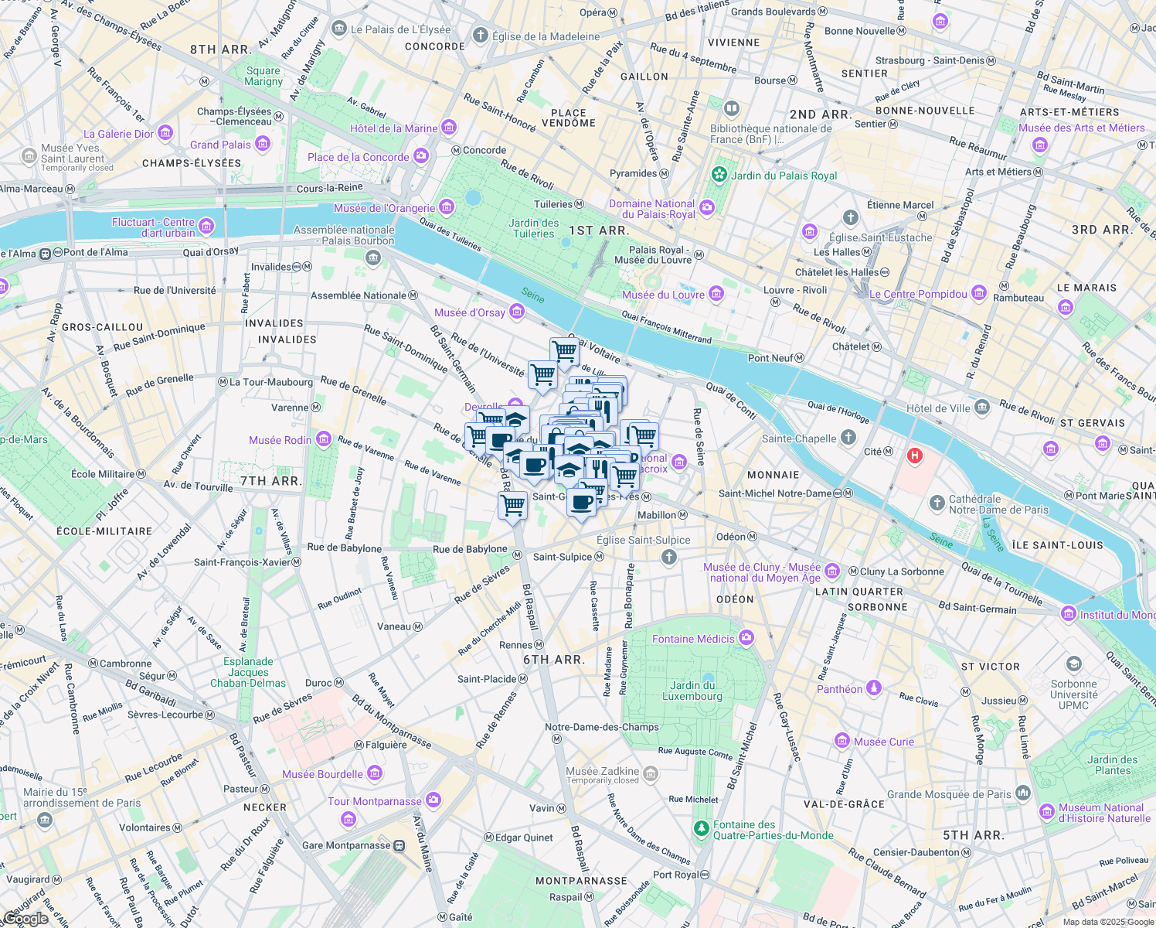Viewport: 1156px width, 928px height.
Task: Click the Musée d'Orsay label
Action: (x=470, y=312)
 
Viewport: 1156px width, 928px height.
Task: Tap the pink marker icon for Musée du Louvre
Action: (x=716, y=294)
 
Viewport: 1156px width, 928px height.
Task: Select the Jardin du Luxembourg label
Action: (x=692, y=691)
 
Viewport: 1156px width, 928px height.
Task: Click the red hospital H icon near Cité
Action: (x=915, y=455)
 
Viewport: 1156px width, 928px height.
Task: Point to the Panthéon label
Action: (x=839, y=689)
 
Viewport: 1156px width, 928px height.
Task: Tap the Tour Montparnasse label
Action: (x=375, y=801)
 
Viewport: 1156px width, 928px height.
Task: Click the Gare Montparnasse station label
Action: (x=346, y=845)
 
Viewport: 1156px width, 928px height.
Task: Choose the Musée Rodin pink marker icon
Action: (x=324, y=440)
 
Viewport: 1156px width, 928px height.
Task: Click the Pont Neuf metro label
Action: (x=770, y=358)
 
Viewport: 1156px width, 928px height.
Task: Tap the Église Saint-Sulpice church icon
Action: (x=669, y=557)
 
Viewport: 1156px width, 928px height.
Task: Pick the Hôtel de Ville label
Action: (x=938, y=408)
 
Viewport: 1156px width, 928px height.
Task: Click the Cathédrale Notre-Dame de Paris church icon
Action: (x=937, y=504)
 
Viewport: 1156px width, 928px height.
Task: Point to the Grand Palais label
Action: (x=220, y=145)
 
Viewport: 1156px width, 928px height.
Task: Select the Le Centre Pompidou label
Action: (x=918, y=294)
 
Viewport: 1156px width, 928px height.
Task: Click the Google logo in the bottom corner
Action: (x=25, y=918)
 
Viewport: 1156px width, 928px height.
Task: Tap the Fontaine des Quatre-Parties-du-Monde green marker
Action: (x=701, y=829)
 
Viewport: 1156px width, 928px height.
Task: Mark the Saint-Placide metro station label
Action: (x=487, y=679)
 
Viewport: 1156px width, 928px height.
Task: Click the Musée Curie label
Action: (x=883, y=742)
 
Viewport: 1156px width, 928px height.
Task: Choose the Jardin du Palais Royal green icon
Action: (x=719, y=175)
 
